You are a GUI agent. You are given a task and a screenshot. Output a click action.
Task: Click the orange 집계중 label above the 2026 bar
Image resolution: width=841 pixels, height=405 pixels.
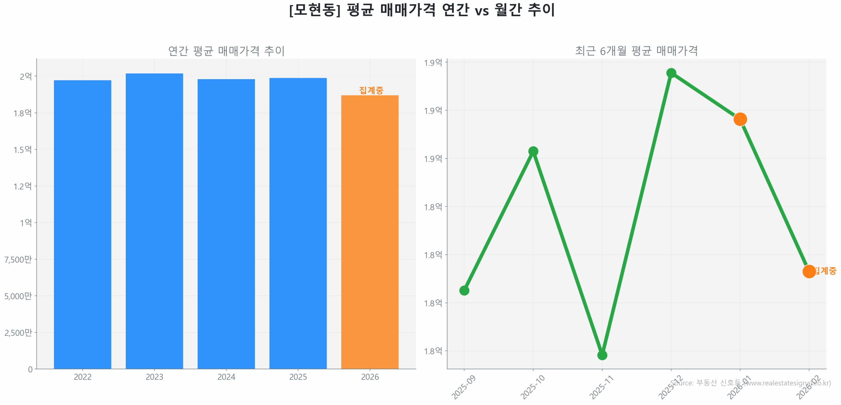click(x=371, y=90)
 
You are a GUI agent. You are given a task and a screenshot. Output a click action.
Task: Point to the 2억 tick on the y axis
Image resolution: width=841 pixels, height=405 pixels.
click(x=26, y=76)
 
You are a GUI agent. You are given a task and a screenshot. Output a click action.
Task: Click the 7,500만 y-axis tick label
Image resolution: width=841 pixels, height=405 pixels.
click(x=18, y=259)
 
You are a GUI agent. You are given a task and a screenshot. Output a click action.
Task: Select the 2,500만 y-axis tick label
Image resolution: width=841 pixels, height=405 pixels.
click(x=18, y=332)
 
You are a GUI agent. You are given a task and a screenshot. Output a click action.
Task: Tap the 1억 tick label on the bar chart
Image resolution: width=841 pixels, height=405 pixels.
click(x=26, y=223)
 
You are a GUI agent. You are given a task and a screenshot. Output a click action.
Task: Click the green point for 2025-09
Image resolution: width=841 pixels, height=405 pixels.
click(x=464, y=290)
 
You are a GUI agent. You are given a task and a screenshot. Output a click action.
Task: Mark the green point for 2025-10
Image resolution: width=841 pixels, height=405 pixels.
click(x=533, y=151)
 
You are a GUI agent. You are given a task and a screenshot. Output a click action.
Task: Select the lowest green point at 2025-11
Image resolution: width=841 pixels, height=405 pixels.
click(x=602, y=355)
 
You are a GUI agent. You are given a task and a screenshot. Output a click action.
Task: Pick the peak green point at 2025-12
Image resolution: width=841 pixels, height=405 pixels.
click(x=671, y=73)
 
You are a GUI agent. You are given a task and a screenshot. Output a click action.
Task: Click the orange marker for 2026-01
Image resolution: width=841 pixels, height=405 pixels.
click(x=739, y=119)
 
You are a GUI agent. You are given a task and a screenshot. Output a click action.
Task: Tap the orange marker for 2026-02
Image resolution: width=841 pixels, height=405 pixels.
click(x=808, y=271)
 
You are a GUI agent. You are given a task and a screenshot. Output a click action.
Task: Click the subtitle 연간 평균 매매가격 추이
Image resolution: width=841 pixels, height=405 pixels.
click(x=226, y=51)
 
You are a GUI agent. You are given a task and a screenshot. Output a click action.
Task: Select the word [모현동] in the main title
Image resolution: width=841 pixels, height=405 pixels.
click(x=314, y=10)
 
